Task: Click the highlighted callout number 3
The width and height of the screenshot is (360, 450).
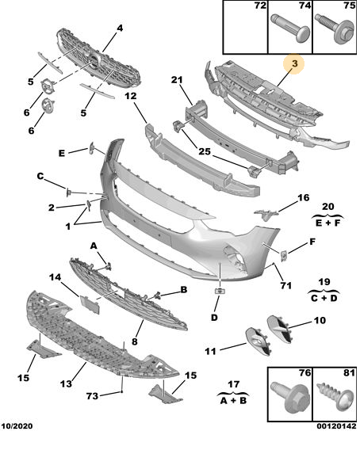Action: pos(295,63)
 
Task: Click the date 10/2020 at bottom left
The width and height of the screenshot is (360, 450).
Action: pos(17,426)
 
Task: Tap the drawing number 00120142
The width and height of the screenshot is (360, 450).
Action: pos(336,426)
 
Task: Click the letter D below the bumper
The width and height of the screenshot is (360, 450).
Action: pos(214,318)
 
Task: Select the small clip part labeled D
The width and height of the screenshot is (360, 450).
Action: pos(220,291)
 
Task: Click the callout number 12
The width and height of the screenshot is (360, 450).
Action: pos(131,96)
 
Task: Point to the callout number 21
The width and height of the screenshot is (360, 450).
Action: pos(177,80)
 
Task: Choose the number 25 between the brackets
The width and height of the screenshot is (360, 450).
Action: pos(205,151)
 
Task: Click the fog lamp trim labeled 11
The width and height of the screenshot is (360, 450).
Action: pos(259,341)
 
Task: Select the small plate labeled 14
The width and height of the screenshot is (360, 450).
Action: pos(90,304)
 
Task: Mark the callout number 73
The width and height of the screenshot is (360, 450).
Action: pos(93,396)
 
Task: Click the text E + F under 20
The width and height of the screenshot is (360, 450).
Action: pos(327,223)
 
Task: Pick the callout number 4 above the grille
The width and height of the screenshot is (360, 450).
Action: pos(120,29)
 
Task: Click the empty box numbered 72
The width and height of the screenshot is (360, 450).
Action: pos(245,27)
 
